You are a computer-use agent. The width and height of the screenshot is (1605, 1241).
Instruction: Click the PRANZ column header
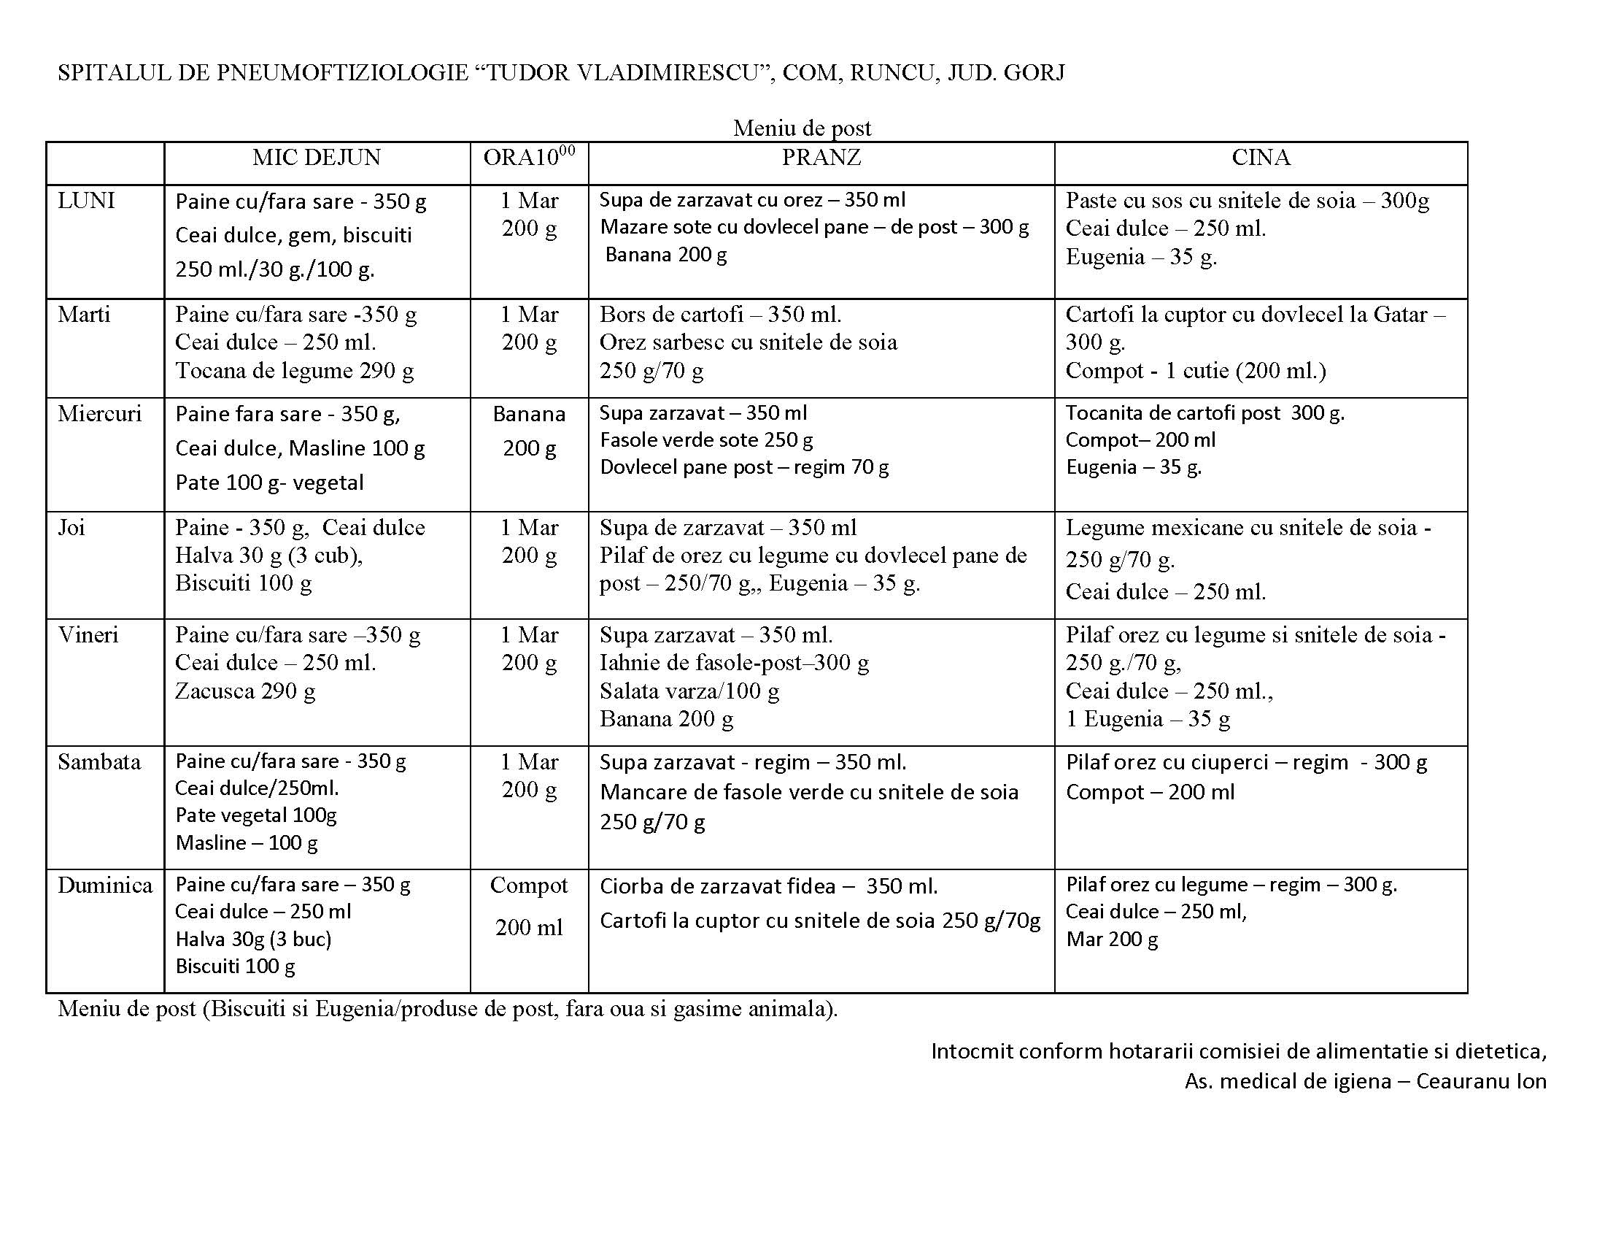pos(821,158)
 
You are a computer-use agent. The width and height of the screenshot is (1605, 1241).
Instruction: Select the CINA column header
pos(1261,158)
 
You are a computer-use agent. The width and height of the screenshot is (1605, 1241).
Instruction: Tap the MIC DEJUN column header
pos(317,158)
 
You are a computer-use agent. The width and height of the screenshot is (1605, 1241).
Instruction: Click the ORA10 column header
pos(528,158)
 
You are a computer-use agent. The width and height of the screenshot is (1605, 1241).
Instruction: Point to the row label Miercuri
pos(99,414)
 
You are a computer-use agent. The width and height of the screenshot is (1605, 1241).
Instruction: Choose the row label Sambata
pos(99,761)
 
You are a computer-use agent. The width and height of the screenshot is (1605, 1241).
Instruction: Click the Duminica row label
pos(105,885)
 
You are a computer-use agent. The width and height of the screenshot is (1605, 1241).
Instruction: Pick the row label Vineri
pos(88,635)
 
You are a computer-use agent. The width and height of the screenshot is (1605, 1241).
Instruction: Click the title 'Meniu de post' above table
pos(802,128)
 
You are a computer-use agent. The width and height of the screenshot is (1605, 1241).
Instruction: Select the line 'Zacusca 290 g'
pos(244,691)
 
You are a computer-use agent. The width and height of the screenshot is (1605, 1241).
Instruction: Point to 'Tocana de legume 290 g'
pos(294,371)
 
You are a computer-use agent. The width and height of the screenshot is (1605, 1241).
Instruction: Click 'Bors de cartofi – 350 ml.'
pos(720,315)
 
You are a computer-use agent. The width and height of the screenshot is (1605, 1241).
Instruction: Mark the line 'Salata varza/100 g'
pos(689,691)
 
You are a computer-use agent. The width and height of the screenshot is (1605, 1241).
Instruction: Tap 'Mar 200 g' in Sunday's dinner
pos(1112,940)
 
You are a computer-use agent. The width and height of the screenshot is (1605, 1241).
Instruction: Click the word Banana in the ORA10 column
pos(529,415)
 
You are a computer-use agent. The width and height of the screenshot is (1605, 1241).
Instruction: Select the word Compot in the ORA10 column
pos(529,886)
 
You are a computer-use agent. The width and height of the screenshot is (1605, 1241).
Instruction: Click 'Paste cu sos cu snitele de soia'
pos(1210,201)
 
